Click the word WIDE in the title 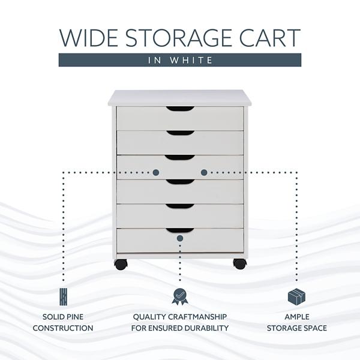click(x=88, y=38)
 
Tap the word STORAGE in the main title click(x=178, y=38)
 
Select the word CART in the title click(x=270, y=38)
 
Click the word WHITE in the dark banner click(x=191, y=60)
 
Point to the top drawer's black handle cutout click(x=181, y=109)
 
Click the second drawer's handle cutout click(x=181, y=133)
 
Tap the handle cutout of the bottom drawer click(x=180, y=230)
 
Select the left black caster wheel click(x=121, y=264)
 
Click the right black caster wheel click(x=240, y=264)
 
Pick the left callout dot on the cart click(x=156, y=172)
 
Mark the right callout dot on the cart click(x=204, y=172)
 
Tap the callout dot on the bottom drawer click(x=180, y=238)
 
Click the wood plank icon click(x=63, y=297)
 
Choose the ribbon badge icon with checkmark click(x=180, y=296)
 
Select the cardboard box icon click(x=296, y=297)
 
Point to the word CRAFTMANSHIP click(x=197, y=317)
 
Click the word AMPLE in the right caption click(x=297, y=317)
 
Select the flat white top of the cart click(x=179, y=98)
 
